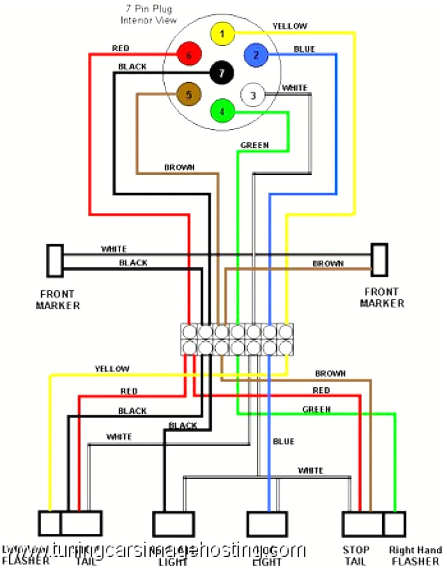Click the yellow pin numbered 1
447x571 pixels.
[222, 34]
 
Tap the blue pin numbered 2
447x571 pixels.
[256, 55]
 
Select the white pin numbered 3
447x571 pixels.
[253, 95]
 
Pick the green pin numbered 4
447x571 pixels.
[222, 111]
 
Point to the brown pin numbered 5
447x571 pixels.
[189, 94]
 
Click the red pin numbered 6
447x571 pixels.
[189, 55]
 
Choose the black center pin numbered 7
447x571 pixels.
[221, 73]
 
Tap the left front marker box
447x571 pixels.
[55, 260]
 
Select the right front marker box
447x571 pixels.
[379, 259]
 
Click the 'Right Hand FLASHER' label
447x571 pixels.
[415, 556]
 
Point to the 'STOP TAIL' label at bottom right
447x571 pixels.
[356, 556]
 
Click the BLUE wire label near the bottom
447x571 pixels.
[283, 441]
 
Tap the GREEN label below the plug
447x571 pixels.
[254, 145]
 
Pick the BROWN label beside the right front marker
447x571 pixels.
[327, 263]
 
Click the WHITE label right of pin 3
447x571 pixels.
[294, 88]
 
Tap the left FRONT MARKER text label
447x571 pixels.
[58, 299]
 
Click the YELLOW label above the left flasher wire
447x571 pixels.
[111, 369]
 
